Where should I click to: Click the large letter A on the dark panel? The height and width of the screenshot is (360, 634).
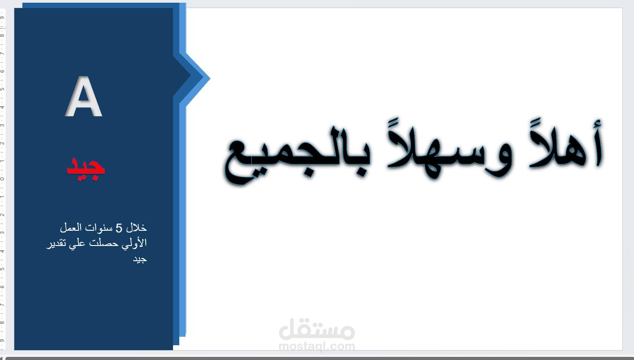click(84, 97)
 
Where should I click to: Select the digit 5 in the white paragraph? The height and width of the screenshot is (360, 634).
click(119, 229)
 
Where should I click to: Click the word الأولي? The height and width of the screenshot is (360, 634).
click(136, 244)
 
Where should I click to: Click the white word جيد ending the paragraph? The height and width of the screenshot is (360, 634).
click(139, 260)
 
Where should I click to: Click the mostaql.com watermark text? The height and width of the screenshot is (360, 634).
click(316, 346)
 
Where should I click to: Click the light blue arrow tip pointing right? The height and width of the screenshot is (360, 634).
click(207, 78)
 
